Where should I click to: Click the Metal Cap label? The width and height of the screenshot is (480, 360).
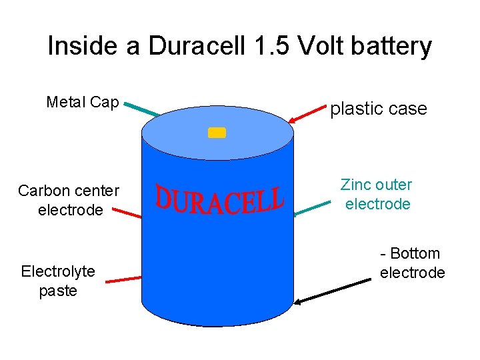coord(83,103)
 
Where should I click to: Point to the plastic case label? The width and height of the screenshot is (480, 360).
coord(379,109)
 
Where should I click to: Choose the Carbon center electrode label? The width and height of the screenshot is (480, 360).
coord(69,201)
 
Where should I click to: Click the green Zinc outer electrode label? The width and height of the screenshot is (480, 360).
coord(377,194)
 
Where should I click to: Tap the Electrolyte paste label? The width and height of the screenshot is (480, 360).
coord(58,281)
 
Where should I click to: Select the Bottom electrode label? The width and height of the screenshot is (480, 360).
coord(412,263)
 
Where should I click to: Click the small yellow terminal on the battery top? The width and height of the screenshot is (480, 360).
coord(217,132)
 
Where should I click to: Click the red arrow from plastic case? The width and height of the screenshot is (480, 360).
coord(307,113)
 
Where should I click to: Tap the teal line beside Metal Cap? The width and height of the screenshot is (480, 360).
coord(142,109)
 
